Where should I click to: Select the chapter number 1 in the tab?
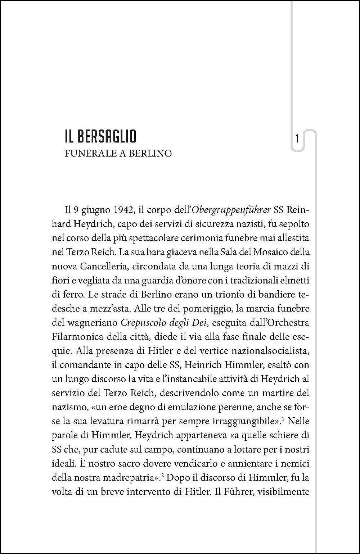[x=297, y=139]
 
